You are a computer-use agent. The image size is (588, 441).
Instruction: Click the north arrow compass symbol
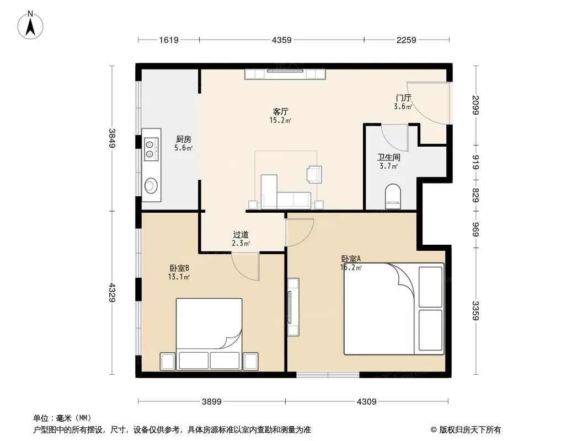point(30,25)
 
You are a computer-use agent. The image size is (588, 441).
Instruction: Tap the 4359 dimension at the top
point(282,40)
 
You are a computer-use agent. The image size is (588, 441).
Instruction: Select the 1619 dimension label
point(169,40)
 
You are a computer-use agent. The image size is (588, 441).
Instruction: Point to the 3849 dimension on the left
point(112,138)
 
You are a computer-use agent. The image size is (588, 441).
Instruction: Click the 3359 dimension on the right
point(475,310)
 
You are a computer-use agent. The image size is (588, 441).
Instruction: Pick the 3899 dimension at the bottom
point(212,402)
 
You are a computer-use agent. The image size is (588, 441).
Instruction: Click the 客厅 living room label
point(281,112)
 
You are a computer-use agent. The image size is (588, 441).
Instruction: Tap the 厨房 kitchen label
point(183,139)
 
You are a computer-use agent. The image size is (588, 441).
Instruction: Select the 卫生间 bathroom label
point(388,157)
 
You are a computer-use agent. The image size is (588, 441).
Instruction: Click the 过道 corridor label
point(240,234)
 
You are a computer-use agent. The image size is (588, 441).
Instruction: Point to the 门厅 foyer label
point(403,98)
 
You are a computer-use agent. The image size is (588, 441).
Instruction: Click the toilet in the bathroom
point(393,196)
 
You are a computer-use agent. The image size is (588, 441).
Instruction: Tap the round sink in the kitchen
point(151,185)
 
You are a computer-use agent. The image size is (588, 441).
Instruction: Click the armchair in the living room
point(314,174)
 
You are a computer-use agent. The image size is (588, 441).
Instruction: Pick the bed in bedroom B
point(209,334)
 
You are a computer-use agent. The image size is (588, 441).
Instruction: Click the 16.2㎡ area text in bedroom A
point(351,267)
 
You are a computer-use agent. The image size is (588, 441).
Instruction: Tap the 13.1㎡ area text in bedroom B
point(179,277)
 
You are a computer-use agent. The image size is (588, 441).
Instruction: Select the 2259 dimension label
point(407,40)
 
